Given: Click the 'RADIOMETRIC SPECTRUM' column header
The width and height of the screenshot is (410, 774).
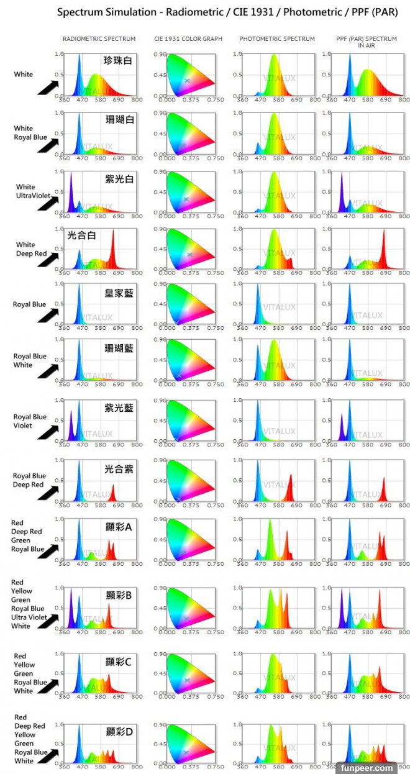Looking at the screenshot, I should tap(99, 39).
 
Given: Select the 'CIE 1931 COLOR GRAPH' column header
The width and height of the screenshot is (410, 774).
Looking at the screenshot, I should tap(188, 39).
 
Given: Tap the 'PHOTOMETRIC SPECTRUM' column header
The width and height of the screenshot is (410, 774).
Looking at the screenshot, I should tap(277, 39).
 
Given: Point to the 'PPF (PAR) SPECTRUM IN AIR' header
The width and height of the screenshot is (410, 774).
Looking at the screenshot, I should tap(367, 42).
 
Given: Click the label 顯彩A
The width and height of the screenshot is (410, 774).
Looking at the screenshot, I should tap(119, 527).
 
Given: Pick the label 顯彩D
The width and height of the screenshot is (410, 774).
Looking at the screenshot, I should tap(119, 732).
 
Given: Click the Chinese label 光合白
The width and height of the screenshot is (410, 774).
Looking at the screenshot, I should tap(81, 235).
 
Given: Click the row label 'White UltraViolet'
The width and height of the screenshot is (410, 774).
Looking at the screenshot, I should tap(25, 191).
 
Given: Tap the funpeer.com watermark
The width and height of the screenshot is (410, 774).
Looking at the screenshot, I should tap(366, 768).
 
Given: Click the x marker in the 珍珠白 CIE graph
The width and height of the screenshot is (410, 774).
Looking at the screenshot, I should tap(188, 80).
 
